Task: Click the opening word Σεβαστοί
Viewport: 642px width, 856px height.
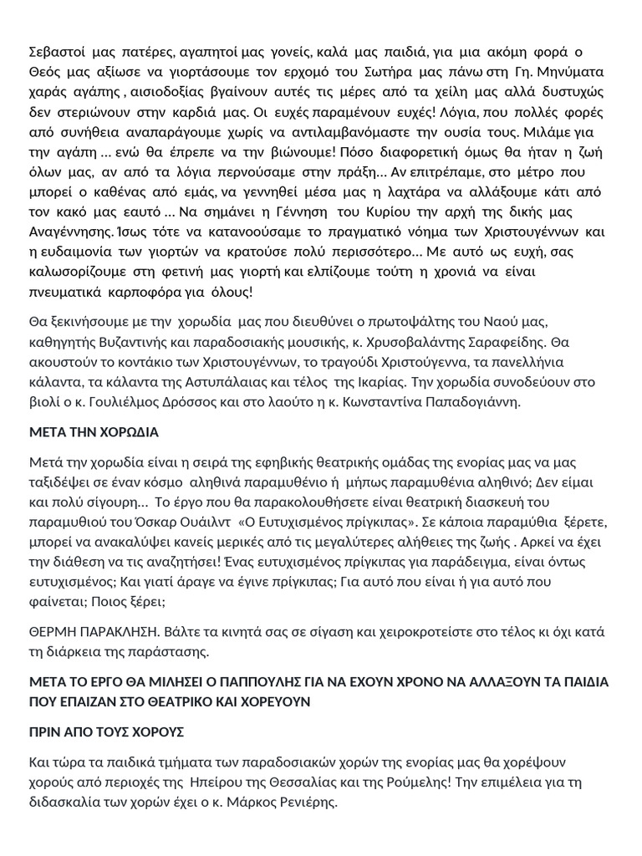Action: click(x=53, y=54)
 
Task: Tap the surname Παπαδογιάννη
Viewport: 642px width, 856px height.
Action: click(x=472, y=402)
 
